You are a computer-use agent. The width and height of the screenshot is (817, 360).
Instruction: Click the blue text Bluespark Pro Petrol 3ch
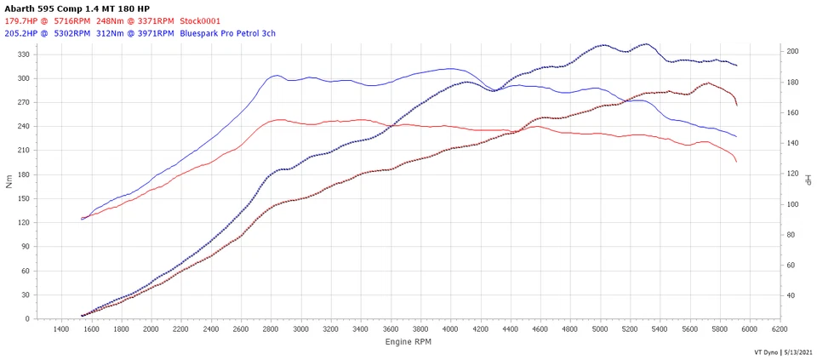pyautogui.click(x=228, y=34)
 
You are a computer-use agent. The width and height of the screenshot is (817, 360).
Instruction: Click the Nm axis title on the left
pyautogui.click(x=9, y=182)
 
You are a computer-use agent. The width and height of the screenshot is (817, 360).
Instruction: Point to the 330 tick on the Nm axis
pyautogui.click(x=24, y=54)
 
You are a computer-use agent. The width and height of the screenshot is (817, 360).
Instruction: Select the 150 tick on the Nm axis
pyautogui.click(x=24, y=198)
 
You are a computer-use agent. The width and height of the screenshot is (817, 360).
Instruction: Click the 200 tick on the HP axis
pyautogui.click(x=792, y=52)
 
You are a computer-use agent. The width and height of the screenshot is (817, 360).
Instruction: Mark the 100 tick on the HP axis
pyautogui.click(x=792, y=204)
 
